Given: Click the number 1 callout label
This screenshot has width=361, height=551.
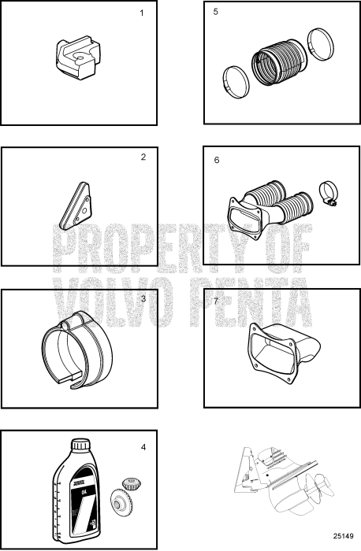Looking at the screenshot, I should click(x=142, y=14).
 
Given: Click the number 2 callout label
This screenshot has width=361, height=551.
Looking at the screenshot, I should click(x=143, y=157).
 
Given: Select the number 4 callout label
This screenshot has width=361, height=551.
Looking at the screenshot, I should click(x=143, y=447).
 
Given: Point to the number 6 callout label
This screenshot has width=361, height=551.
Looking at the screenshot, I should click(x=217, y=160).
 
